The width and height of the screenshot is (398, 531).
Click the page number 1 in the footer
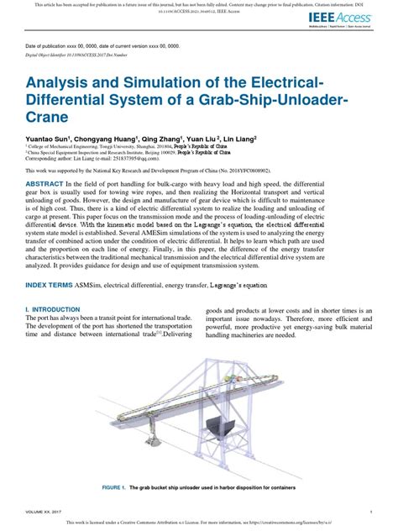(370, 511)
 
